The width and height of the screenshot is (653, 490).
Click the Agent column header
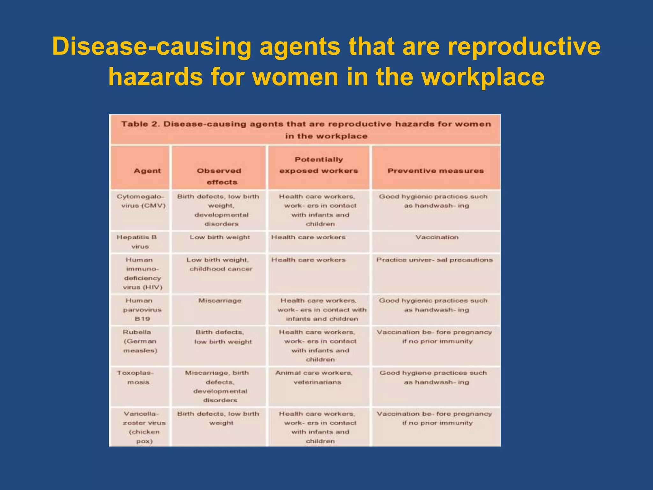coord(147,171)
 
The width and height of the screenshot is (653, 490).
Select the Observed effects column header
coord(219,176)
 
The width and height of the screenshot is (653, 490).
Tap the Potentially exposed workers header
coord(319,165)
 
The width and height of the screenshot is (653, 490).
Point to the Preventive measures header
coord(436,171)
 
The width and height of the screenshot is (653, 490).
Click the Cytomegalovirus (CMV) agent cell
coord(141,201)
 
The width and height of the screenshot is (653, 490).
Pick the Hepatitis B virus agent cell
coord(137,242)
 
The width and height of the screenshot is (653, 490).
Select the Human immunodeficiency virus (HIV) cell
coord(142,273)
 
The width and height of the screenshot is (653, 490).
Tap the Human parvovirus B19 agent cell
coord(142,309)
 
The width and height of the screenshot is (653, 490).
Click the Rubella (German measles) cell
coord(140,341)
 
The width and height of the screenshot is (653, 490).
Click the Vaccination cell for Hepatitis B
coord(437,237)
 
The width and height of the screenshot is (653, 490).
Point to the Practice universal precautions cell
coord(434,260)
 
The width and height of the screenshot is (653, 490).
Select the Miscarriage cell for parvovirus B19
coord(220,301)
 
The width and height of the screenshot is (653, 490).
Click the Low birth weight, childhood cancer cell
coord(220,264)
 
